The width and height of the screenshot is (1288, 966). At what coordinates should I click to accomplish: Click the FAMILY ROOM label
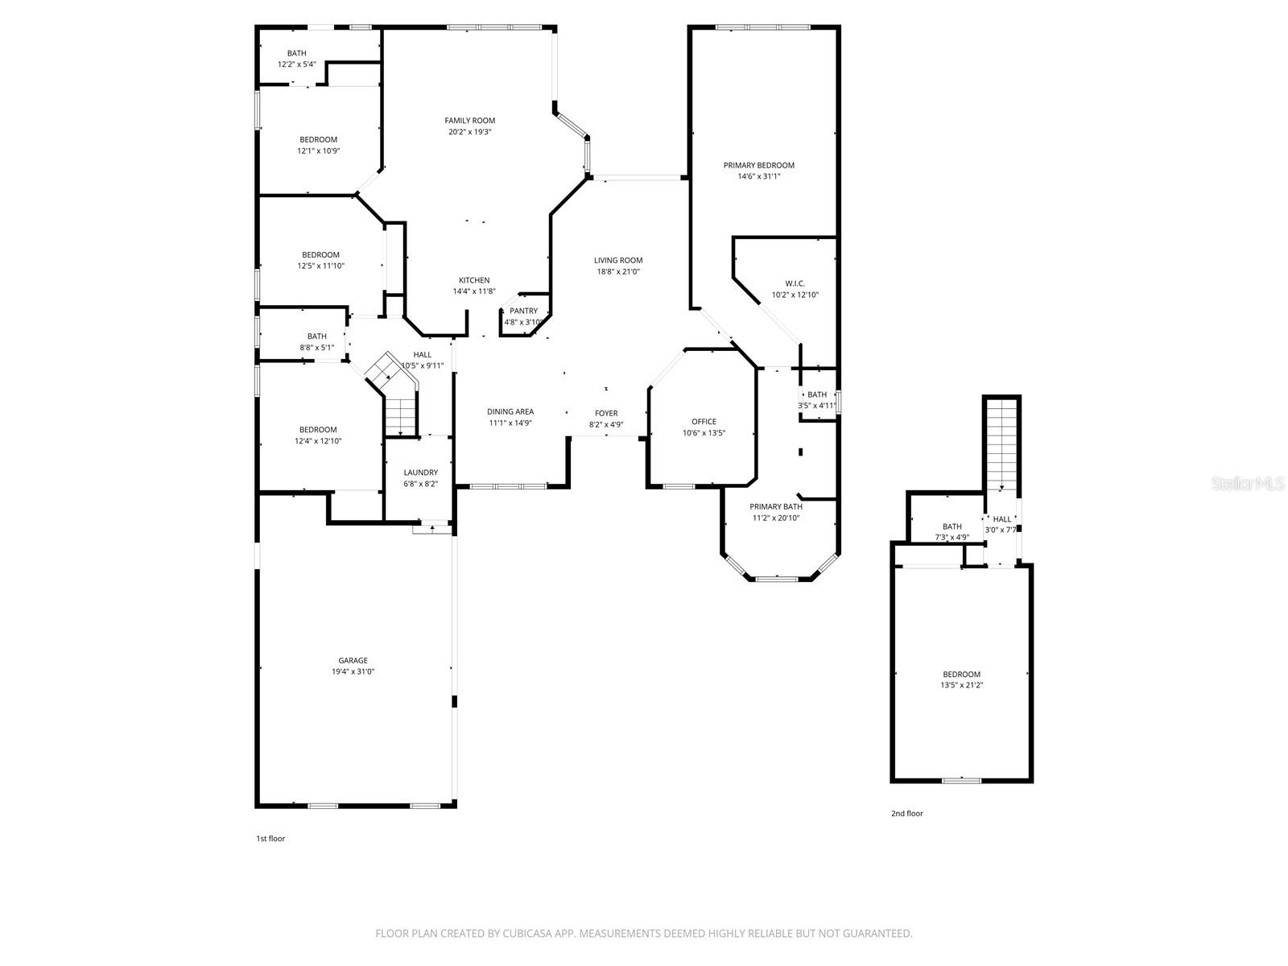point(470,121)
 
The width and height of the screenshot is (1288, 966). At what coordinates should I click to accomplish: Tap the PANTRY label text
point(523,311)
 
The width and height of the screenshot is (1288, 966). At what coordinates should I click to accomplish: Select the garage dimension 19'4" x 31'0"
point(353,671)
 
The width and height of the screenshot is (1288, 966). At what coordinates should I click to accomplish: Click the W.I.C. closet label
point(795,283)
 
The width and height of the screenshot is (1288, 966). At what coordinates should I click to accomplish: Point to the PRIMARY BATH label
point(776,506)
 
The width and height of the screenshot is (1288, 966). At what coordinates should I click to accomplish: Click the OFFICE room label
point(704,422)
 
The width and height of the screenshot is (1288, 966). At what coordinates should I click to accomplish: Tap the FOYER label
point(606,413)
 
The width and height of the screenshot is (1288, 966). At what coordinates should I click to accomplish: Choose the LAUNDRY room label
point(421,473)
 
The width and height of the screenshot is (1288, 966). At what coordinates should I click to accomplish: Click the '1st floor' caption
point(270,839)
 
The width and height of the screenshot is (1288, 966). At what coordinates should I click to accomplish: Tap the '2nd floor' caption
point(906,814)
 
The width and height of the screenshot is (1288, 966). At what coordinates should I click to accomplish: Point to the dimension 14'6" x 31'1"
point(758,176)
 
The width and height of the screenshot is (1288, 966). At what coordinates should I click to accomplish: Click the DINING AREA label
point(510,411)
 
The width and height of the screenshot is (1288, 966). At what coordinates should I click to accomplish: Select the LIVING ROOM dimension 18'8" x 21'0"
point(618,271)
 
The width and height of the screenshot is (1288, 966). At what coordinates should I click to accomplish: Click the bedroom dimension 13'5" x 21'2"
point(962,686)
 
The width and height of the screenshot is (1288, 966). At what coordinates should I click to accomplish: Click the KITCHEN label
point(474,280)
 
